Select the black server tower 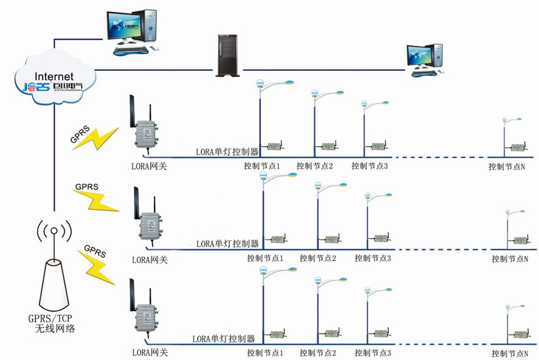tap(227, 55)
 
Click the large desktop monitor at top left tap(129, 28)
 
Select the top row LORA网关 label tap(149, 166)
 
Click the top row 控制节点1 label tap(263, 166)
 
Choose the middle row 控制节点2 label tap(318, 258)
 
